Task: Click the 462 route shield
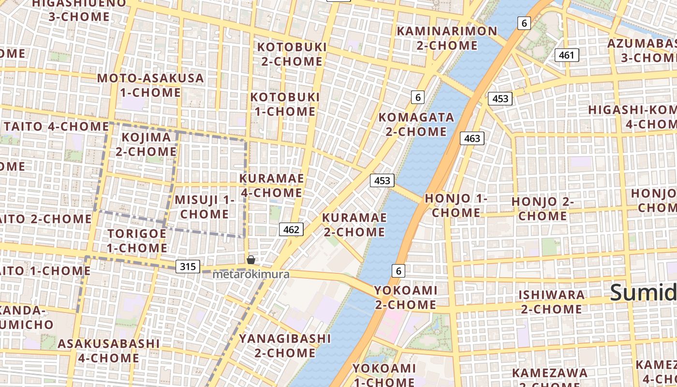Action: [292, 229]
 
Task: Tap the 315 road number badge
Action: [188, 266]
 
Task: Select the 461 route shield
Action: [566, 55]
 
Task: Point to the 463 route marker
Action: [472, 139]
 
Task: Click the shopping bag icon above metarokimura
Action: [251, 260]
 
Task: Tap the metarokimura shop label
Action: [251, 274]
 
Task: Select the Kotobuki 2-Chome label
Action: [292, 54]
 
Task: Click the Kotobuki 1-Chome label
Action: [285, 104]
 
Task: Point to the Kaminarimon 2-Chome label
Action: [447, 38]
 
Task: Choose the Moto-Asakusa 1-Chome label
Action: [150, 85]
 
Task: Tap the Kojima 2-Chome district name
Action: [146, 144]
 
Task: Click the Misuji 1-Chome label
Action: [205, 207]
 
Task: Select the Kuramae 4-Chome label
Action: [272, 185]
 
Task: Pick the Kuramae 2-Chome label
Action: [354, 224]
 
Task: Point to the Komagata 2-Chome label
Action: [416, 124]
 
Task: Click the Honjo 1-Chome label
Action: [456, 205]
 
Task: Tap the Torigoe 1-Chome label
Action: [137, 240]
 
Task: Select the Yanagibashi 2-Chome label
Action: [285, 345]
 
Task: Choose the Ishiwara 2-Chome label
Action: [551, 301]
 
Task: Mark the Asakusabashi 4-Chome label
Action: [108, 351]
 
